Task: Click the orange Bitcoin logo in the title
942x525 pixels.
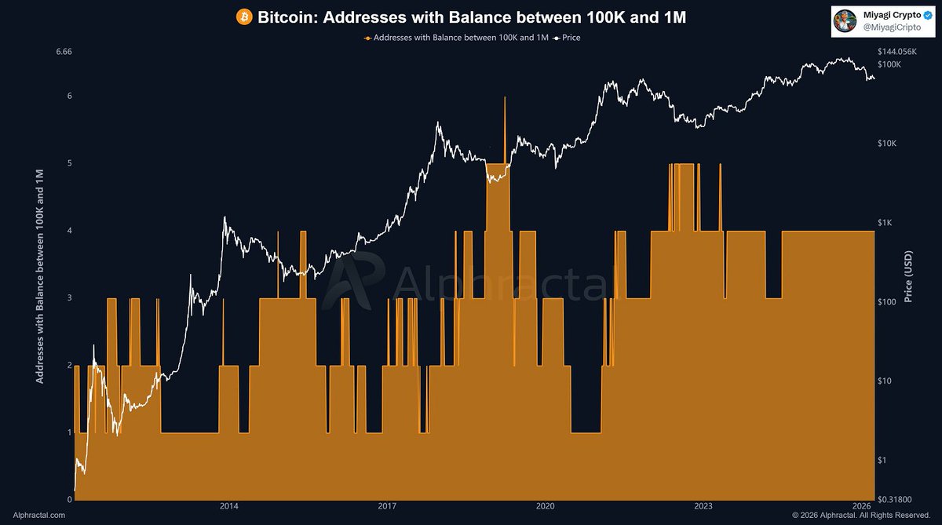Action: coord(244,17)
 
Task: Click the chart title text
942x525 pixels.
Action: coord(472,17)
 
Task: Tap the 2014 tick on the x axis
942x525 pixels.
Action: coord(229,506)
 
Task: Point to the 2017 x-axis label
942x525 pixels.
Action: coord(387,506)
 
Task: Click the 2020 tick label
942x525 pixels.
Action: coord(545,506)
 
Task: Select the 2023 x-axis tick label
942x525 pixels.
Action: coord(703,506)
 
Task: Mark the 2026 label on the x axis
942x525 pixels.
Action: coord(861,506)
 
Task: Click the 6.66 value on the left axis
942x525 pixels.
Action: coord(64,52)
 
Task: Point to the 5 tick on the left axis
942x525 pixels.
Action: coord(70,163)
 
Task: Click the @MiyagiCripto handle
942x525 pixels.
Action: coord(892,27)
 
